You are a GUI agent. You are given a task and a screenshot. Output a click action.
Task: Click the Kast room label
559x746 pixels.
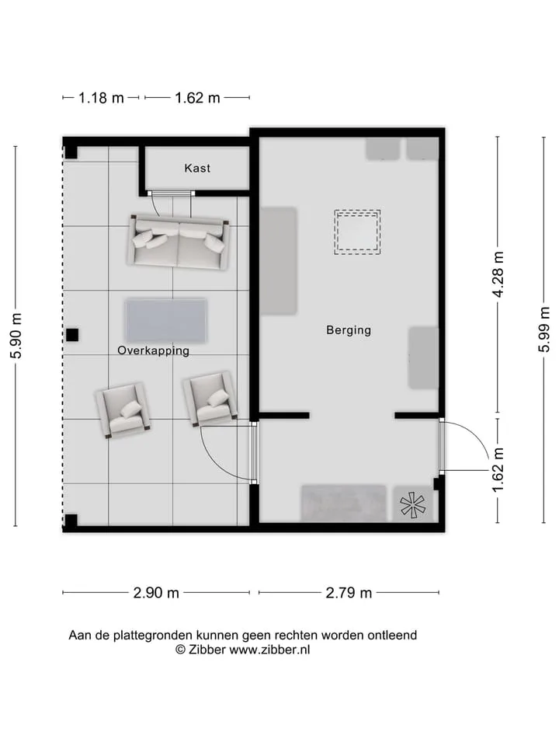pos(197,168)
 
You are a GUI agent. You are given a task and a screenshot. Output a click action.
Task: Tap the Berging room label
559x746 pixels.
pos(349,330)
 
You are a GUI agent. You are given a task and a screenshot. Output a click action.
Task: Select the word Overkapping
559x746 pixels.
pos(153,350)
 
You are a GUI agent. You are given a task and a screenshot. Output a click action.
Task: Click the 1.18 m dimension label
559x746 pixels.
pos(101,98)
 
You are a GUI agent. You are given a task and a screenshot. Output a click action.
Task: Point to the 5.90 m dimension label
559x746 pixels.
pos(16,336)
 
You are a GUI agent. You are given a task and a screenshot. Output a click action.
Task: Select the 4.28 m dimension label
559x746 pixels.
pos(498,274)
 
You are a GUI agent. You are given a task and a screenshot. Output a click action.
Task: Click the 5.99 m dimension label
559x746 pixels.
pos(544,329)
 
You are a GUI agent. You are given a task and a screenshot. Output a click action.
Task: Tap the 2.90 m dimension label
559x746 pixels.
pos(156,593)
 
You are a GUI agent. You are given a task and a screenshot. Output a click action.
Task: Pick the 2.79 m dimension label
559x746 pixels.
pos(349,593)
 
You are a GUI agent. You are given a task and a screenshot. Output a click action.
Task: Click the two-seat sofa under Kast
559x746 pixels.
pos(179,242)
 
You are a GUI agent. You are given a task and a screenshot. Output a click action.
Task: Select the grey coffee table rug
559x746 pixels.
pos(166,321)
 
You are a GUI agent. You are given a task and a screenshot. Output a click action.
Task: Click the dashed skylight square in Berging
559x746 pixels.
pos(357,232)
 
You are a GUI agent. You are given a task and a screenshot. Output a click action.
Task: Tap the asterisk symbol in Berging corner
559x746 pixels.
pos(411,505)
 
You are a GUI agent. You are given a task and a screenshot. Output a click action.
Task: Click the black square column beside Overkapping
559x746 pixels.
pos(71,335)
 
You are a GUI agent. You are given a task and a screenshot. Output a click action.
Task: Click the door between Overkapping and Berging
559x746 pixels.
pos(254,452)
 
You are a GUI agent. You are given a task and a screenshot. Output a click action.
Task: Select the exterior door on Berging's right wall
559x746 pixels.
pos(442,445)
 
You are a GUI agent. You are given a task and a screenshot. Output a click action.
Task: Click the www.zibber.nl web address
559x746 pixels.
pos(269,650)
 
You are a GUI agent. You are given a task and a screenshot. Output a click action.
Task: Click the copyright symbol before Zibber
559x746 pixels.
pos(181,650)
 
